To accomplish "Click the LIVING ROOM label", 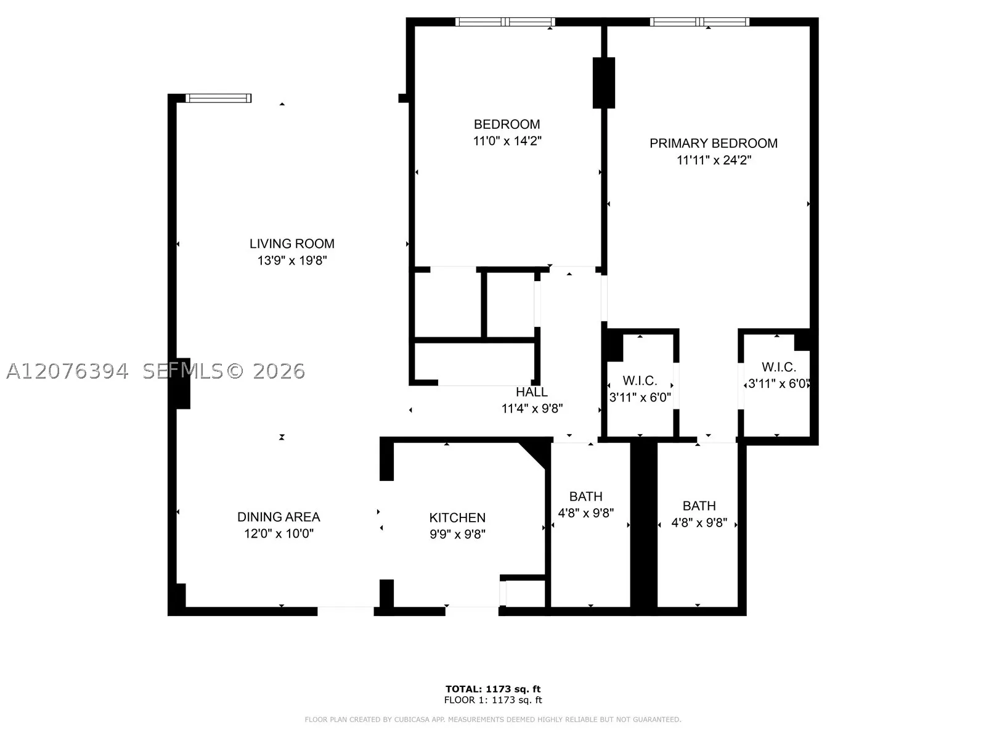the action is [x=292, y=244].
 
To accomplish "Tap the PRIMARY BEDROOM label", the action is [x=714, y=143].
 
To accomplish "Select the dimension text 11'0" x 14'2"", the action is [x=507, y=141].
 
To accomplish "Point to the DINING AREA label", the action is [x=279, y=517].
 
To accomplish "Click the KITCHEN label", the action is [x=457, y=517].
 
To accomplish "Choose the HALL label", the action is [x=532, y=392].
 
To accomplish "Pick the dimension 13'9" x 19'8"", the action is [x=292, y=260].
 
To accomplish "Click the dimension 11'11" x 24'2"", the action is [x=714, y=160].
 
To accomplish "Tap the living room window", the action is [x=218, y=98].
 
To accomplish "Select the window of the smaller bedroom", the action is [x=505, y=22].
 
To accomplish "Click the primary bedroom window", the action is [x=699, y=22].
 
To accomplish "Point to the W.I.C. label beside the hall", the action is [x=640, y=380].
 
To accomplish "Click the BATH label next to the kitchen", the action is [x=586, y=496].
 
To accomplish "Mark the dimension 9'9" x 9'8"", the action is [x=457, y=534].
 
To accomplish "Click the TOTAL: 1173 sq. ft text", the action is [x=493, y=689].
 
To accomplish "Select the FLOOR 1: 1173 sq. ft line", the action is [x=493, y=700].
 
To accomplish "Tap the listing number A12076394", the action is [x=67, y=371].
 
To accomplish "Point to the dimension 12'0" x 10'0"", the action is [x=279, y=533].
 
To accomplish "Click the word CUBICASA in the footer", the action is [x=409, y=719].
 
